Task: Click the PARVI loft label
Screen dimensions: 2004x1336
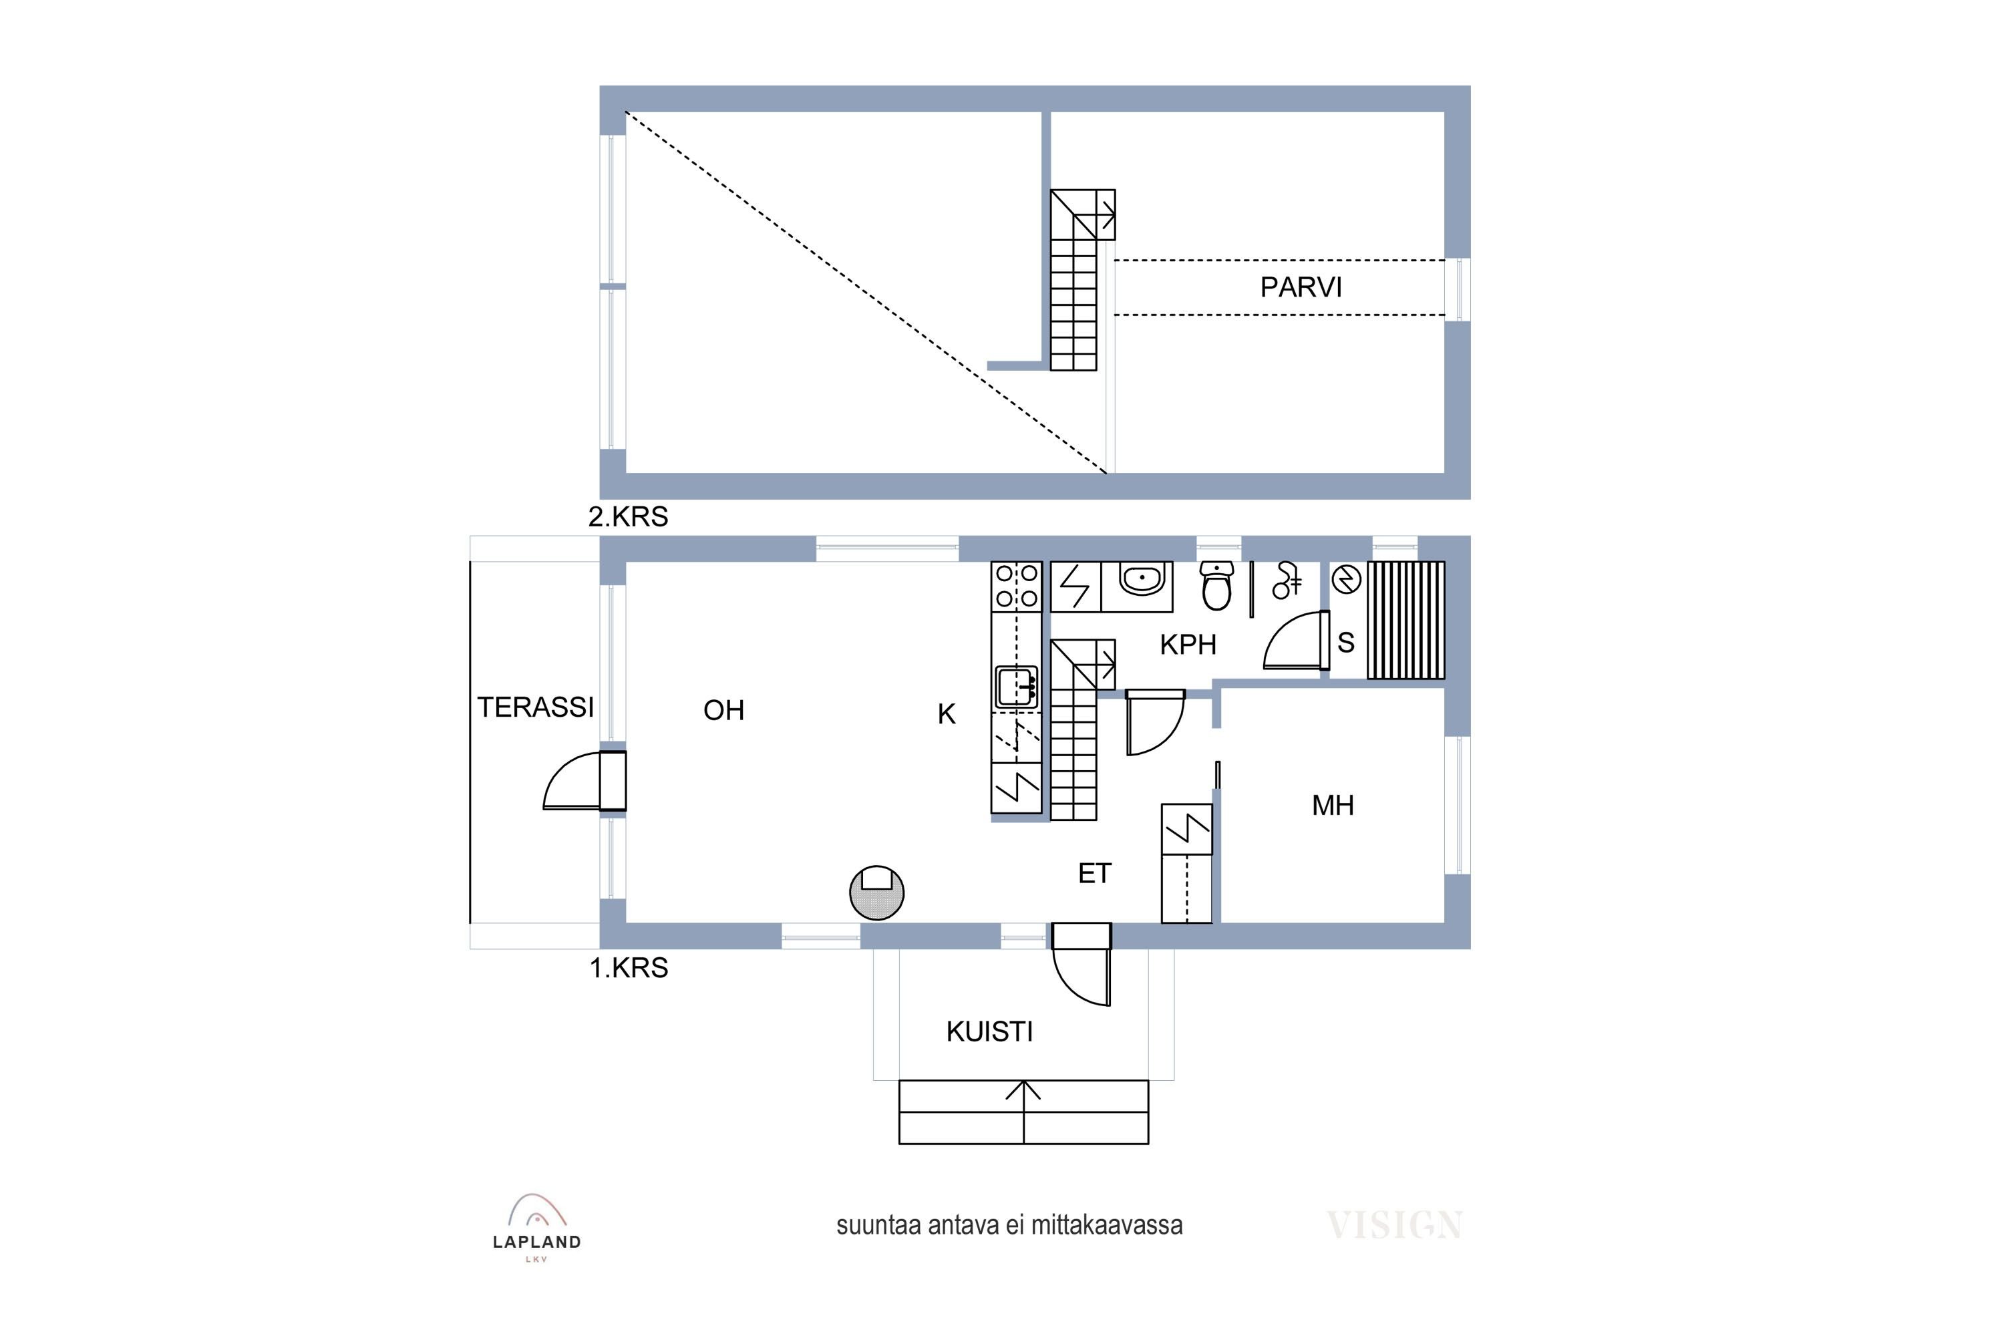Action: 1301,288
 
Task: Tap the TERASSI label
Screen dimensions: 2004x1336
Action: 535,707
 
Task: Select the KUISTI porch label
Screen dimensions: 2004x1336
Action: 989,1032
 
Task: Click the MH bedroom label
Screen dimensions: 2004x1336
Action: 1333,805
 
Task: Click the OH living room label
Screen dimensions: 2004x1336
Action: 723,711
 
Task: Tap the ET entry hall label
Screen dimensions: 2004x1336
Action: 1095,873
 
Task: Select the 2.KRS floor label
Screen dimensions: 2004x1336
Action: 628,516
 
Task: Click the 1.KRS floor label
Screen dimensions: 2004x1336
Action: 629,968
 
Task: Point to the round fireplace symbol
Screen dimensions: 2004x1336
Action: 876,892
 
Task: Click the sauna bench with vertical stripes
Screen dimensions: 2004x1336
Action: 1406,619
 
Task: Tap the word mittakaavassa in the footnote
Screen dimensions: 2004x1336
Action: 1107,1225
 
